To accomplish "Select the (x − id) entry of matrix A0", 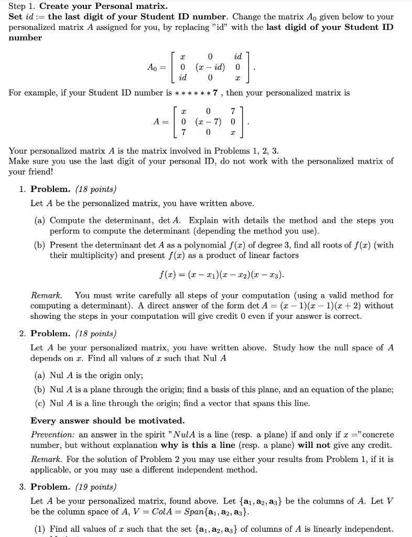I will tap(210, 67).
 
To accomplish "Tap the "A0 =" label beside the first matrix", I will tap(157, 67).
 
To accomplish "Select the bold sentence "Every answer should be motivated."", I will tap(107, 421).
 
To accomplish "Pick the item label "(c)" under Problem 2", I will tap(40, 403).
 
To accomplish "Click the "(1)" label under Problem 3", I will tap(40, 529).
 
